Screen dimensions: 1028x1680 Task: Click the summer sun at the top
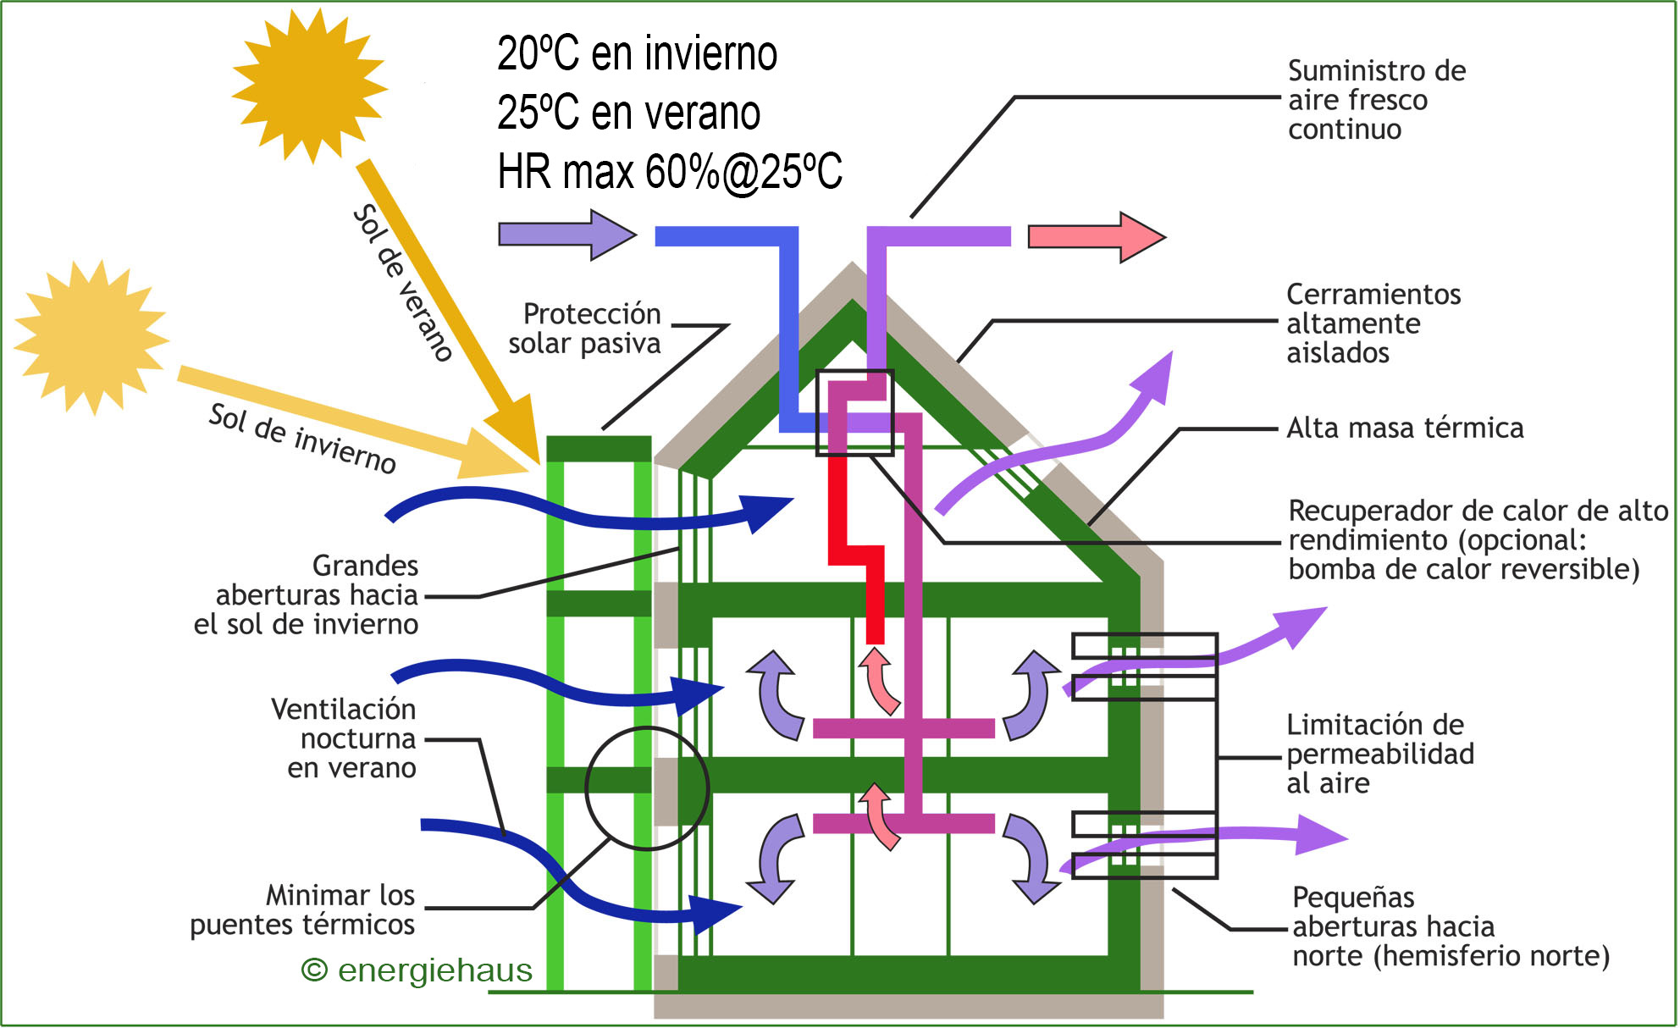(x=309, y=85)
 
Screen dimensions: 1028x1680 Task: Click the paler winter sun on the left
(x=91, y=338)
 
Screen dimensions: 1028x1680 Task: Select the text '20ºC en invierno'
(x=637, y=54)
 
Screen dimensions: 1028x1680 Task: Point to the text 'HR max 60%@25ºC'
(x=669, y=172)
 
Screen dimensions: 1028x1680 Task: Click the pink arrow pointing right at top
(x=1096, y=237)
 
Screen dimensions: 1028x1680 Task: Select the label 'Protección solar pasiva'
(x=585, y=329)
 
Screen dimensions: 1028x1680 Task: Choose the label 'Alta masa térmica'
(x=1404, y=428)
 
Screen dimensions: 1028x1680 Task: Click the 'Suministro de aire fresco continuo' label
(x=1376, y=100)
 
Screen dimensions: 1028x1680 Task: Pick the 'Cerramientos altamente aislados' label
(x=1373, y=323)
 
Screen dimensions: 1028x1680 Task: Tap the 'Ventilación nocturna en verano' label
(x=344, y=738)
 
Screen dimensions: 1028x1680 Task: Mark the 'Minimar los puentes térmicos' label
(x=303, y=910)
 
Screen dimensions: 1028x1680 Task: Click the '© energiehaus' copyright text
(x=417, y=970)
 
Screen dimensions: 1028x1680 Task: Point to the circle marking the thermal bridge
(x=647, y=788)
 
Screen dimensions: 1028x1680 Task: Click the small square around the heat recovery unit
(x=854, y=412)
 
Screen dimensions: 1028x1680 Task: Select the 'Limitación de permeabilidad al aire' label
(x=1379, y=754)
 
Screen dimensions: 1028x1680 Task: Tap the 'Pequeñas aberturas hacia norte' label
(x=1450, y=927)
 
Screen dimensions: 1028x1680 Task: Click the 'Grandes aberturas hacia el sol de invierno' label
(x=307, y=595)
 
